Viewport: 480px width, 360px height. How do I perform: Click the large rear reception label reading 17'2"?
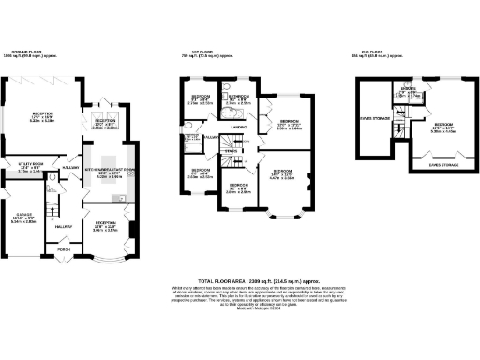point(38,114)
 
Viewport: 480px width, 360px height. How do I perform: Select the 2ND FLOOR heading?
point(372,52)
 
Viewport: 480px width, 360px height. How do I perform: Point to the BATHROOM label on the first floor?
point(238,96)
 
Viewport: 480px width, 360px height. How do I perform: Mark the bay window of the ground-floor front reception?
point(104,247)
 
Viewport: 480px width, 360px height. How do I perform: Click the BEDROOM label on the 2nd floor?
point(443,124)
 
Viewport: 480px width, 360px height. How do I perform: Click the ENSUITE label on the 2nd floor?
point(408,89)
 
